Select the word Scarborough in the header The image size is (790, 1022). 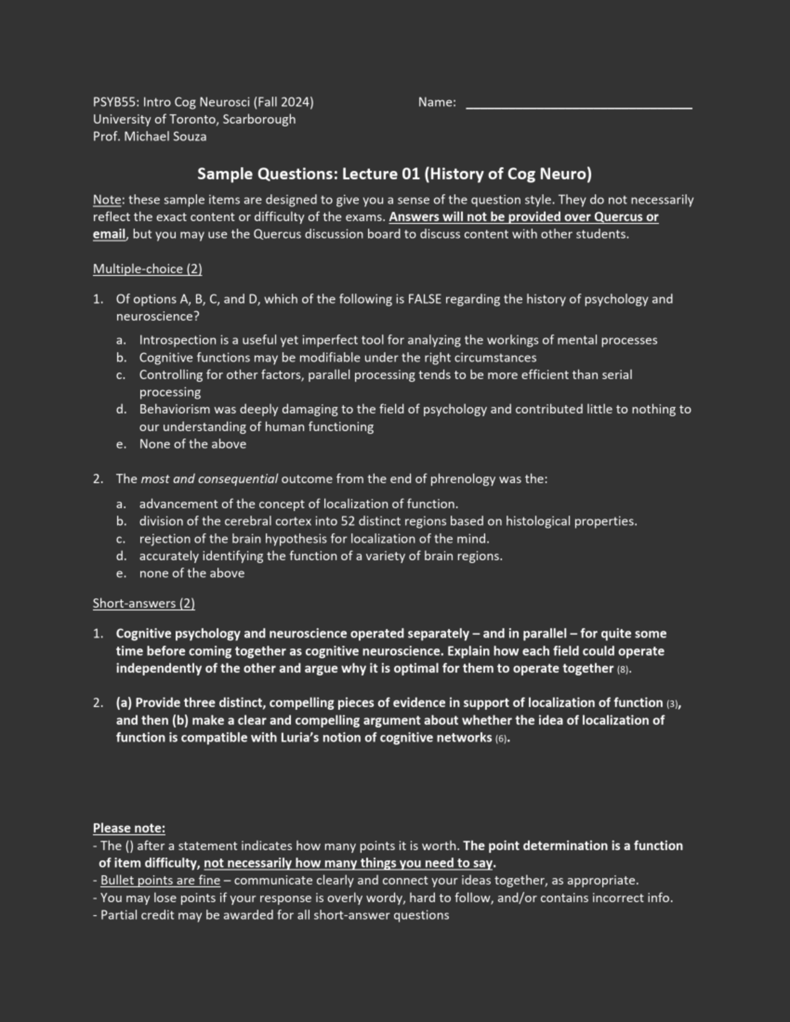coord(259,120)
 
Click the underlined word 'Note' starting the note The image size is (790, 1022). coord(106,200)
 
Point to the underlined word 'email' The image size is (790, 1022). coord(109,234)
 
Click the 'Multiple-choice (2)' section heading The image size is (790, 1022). coord(147,269)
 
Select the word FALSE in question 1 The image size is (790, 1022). coord(425,299)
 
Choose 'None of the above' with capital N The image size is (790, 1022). coord(192,444)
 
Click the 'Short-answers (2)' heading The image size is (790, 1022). coord(144,603)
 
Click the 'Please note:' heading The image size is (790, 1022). coord(129,829)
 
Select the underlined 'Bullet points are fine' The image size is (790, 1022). coord(160,881)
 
